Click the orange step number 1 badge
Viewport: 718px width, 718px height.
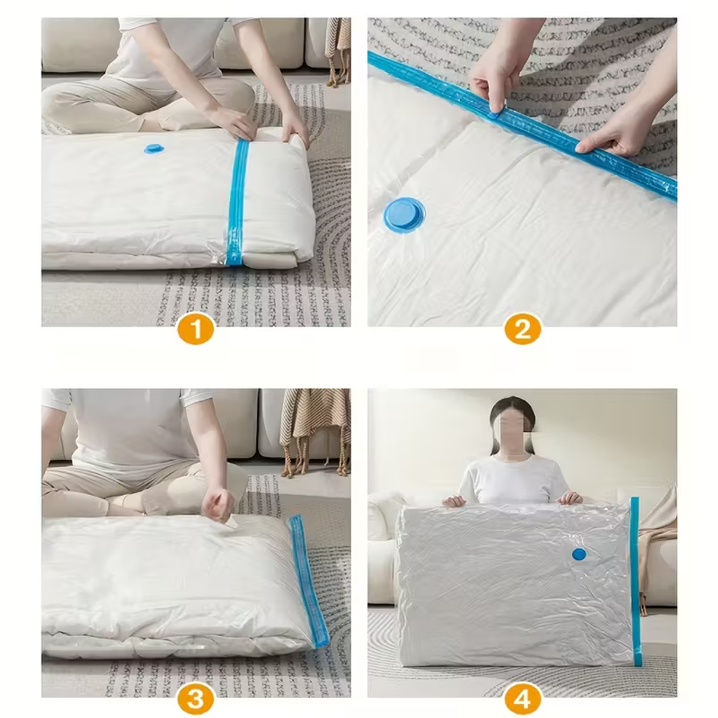[x=196, y=328]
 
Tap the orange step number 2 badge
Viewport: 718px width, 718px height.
[x=522, y=328]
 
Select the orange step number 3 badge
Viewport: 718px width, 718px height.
[x=196, y=699]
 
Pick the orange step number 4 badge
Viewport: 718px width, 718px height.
[x=522, y=699]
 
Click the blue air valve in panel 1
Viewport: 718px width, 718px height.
[x=154, y=149]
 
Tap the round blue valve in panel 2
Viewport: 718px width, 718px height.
[x=404, y=215]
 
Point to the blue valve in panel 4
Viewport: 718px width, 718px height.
[x=579, y=555]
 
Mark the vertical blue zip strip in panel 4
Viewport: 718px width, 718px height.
[x=635, y=581]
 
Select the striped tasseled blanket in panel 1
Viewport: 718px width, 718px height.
[x=338, y=50]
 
